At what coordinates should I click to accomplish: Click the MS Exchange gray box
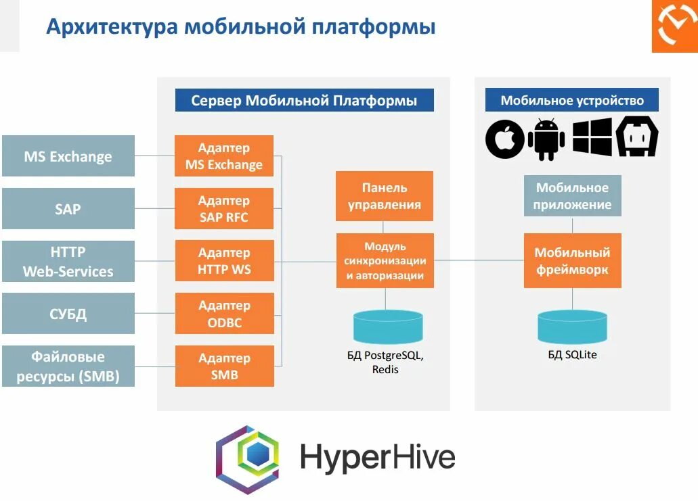click(x=68, y=156)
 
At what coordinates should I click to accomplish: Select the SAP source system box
click(x=68, y=209)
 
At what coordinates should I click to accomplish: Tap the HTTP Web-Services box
click(x=68, y=262)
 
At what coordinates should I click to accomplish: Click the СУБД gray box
click(x=68, y=314)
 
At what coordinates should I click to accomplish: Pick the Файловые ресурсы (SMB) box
click(x=68, y=366)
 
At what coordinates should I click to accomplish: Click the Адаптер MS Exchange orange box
click(x=224, y=156)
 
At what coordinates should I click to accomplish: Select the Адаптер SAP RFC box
click(x=224, y=209)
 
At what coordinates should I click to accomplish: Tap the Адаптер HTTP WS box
click(x=224, y=261)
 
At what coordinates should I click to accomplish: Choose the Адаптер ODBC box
click(x=224, y=314)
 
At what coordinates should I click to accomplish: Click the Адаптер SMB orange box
click(x=224, y=366)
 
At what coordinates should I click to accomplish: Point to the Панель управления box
click(x=385, y=196)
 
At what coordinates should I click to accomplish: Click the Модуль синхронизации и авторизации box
click(x=385, y=260)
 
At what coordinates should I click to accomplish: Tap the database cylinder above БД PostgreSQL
click(x=388, y=326)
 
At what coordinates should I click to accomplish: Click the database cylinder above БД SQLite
click(x=573, y=326)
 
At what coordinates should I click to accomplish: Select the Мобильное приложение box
click(x=573, y=196)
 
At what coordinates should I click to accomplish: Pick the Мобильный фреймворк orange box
click(x=573, y=260)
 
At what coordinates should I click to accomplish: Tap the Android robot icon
click(x=546, y=139)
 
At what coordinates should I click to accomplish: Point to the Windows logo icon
click(x=592, y=137)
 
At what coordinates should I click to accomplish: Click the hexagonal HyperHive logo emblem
click(x=248, y=459)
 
